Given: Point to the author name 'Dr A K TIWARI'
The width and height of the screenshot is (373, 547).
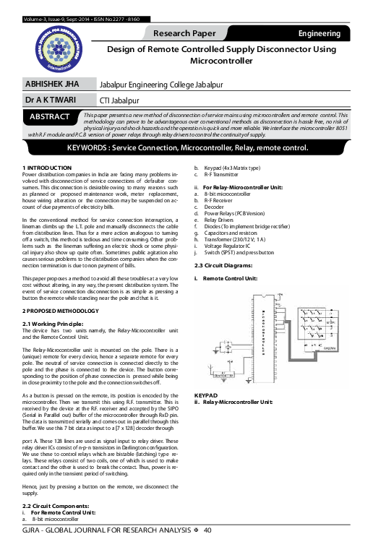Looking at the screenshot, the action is tap(48, 100).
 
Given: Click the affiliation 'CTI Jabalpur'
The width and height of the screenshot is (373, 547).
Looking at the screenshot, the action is tap(119, 101).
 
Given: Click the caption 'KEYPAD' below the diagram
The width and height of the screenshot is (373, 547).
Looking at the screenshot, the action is tap(207, 395).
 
